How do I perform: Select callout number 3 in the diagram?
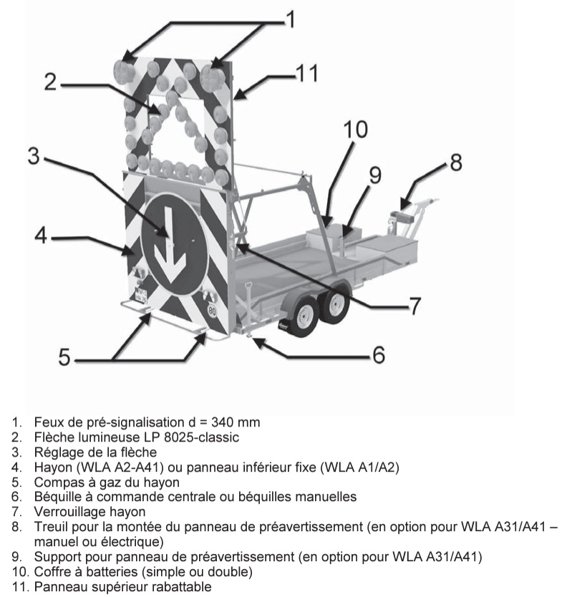[33, 155]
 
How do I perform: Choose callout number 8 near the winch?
[455, 162]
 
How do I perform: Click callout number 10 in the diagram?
[356, 129]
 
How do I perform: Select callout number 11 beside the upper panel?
[306, 73]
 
